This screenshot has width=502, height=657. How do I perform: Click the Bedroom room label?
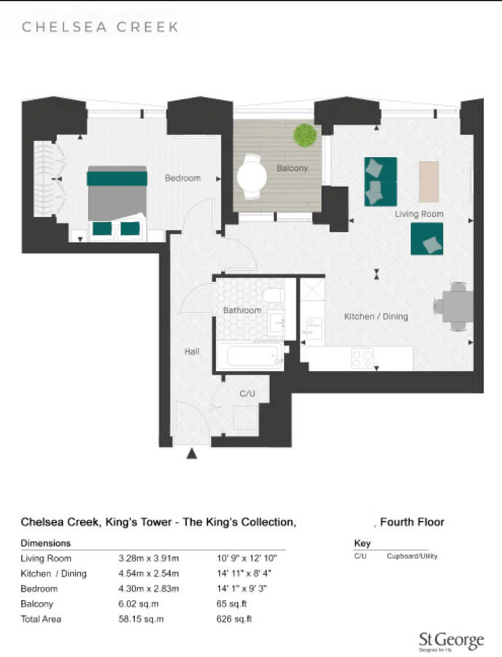point(182,178)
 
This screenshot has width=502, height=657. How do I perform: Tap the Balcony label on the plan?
point(292,168)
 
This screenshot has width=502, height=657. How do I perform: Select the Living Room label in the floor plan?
point(419,214)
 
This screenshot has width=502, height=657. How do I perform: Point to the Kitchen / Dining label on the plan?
point(376,317)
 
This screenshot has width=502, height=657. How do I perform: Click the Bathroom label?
point(242,310)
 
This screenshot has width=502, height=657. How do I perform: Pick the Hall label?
point(192,351)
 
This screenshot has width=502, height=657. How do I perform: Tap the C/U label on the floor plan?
point(247,393)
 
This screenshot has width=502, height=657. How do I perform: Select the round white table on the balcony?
point(252,176)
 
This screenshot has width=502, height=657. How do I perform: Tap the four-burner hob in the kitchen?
point(363,358)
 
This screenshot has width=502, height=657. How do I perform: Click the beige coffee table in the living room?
point(429,181)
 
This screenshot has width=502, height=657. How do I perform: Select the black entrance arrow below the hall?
point(192,454)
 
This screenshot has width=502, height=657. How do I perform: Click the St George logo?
point(450,642)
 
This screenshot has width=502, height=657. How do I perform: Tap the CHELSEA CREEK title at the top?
point(101,27)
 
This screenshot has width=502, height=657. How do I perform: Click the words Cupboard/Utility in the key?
point(412,556)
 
